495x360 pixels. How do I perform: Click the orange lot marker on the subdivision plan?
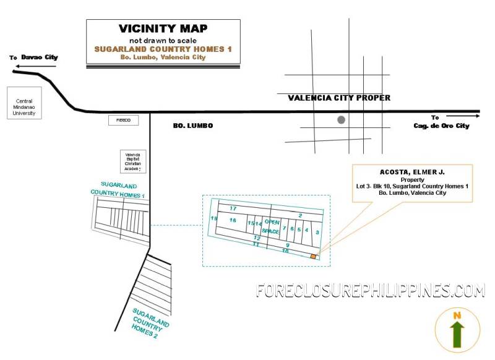point(313,256)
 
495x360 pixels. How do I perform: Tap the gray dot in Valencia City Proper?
point(341,119)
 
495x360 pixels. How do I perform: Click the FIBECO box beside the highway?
point(124,120)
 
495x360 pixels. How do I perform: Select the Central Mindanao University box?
point(24,103)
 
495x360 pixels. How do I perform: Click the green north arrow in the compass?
point(457,334)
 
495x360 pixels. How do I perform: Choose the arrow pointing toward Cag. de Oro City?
point(462,116)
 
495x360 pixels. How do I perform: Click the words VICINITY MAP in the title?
point(163,28)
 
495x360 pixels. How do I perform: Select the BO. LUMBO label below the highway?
point(192,126)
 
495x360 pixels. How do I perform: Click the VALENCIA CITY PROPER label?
point(339,98)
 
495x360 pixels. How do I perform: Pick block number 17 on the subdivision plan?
point(233,208)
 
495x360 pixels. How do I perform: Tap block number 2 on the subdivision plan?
point(299,215)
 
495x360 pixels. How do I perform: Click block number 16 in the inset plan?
point(233,220)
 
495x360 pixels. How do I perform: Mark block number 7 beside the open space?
point(284,228)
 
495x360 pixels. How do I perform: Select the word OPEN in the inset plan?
point(272,221)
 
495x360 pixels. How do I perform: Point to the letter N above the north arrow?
point(457,315)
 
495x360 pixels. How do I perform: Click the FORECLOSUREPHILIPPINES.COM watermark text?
point(370,290)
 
